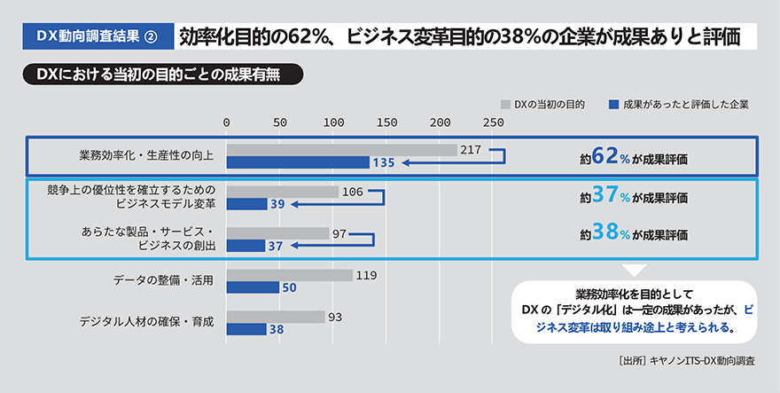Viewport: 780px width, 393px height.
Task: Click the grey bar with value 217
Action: coord(341,150)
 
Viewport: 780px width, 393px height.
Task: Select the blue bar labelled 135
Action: coord(298,162)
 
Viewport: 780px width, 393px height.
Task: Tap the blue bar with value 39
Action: coord(247,204)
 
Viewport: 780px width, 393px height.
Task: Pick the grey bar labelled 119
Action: coord(290,275)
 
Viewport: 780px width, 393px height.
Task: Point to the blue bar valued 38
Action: coord(246,329)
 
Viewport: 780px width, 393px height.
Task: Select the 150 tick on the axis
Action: coord(386,122)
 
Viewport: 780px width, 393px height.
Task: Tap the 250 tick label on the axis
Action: coord(493,122)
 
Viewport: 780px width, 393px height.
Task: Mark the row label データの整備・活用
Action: coord(164,280)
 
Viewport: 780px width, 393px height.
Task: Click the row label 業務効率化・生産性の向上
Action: coord(146,156)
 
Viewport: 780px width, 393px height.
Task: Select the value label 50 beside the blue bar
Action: coord(289,288)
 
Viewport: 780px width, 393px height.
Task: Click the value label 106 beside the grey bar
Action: coord(353,192)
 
